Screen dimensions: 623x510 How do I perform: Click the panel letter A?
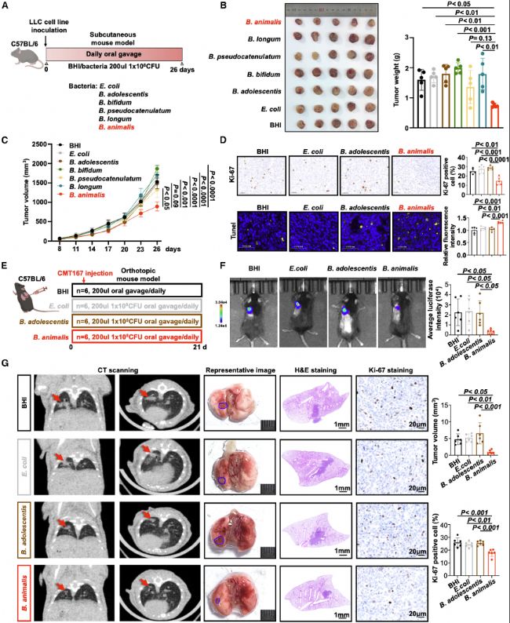[x=6, y=7]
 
